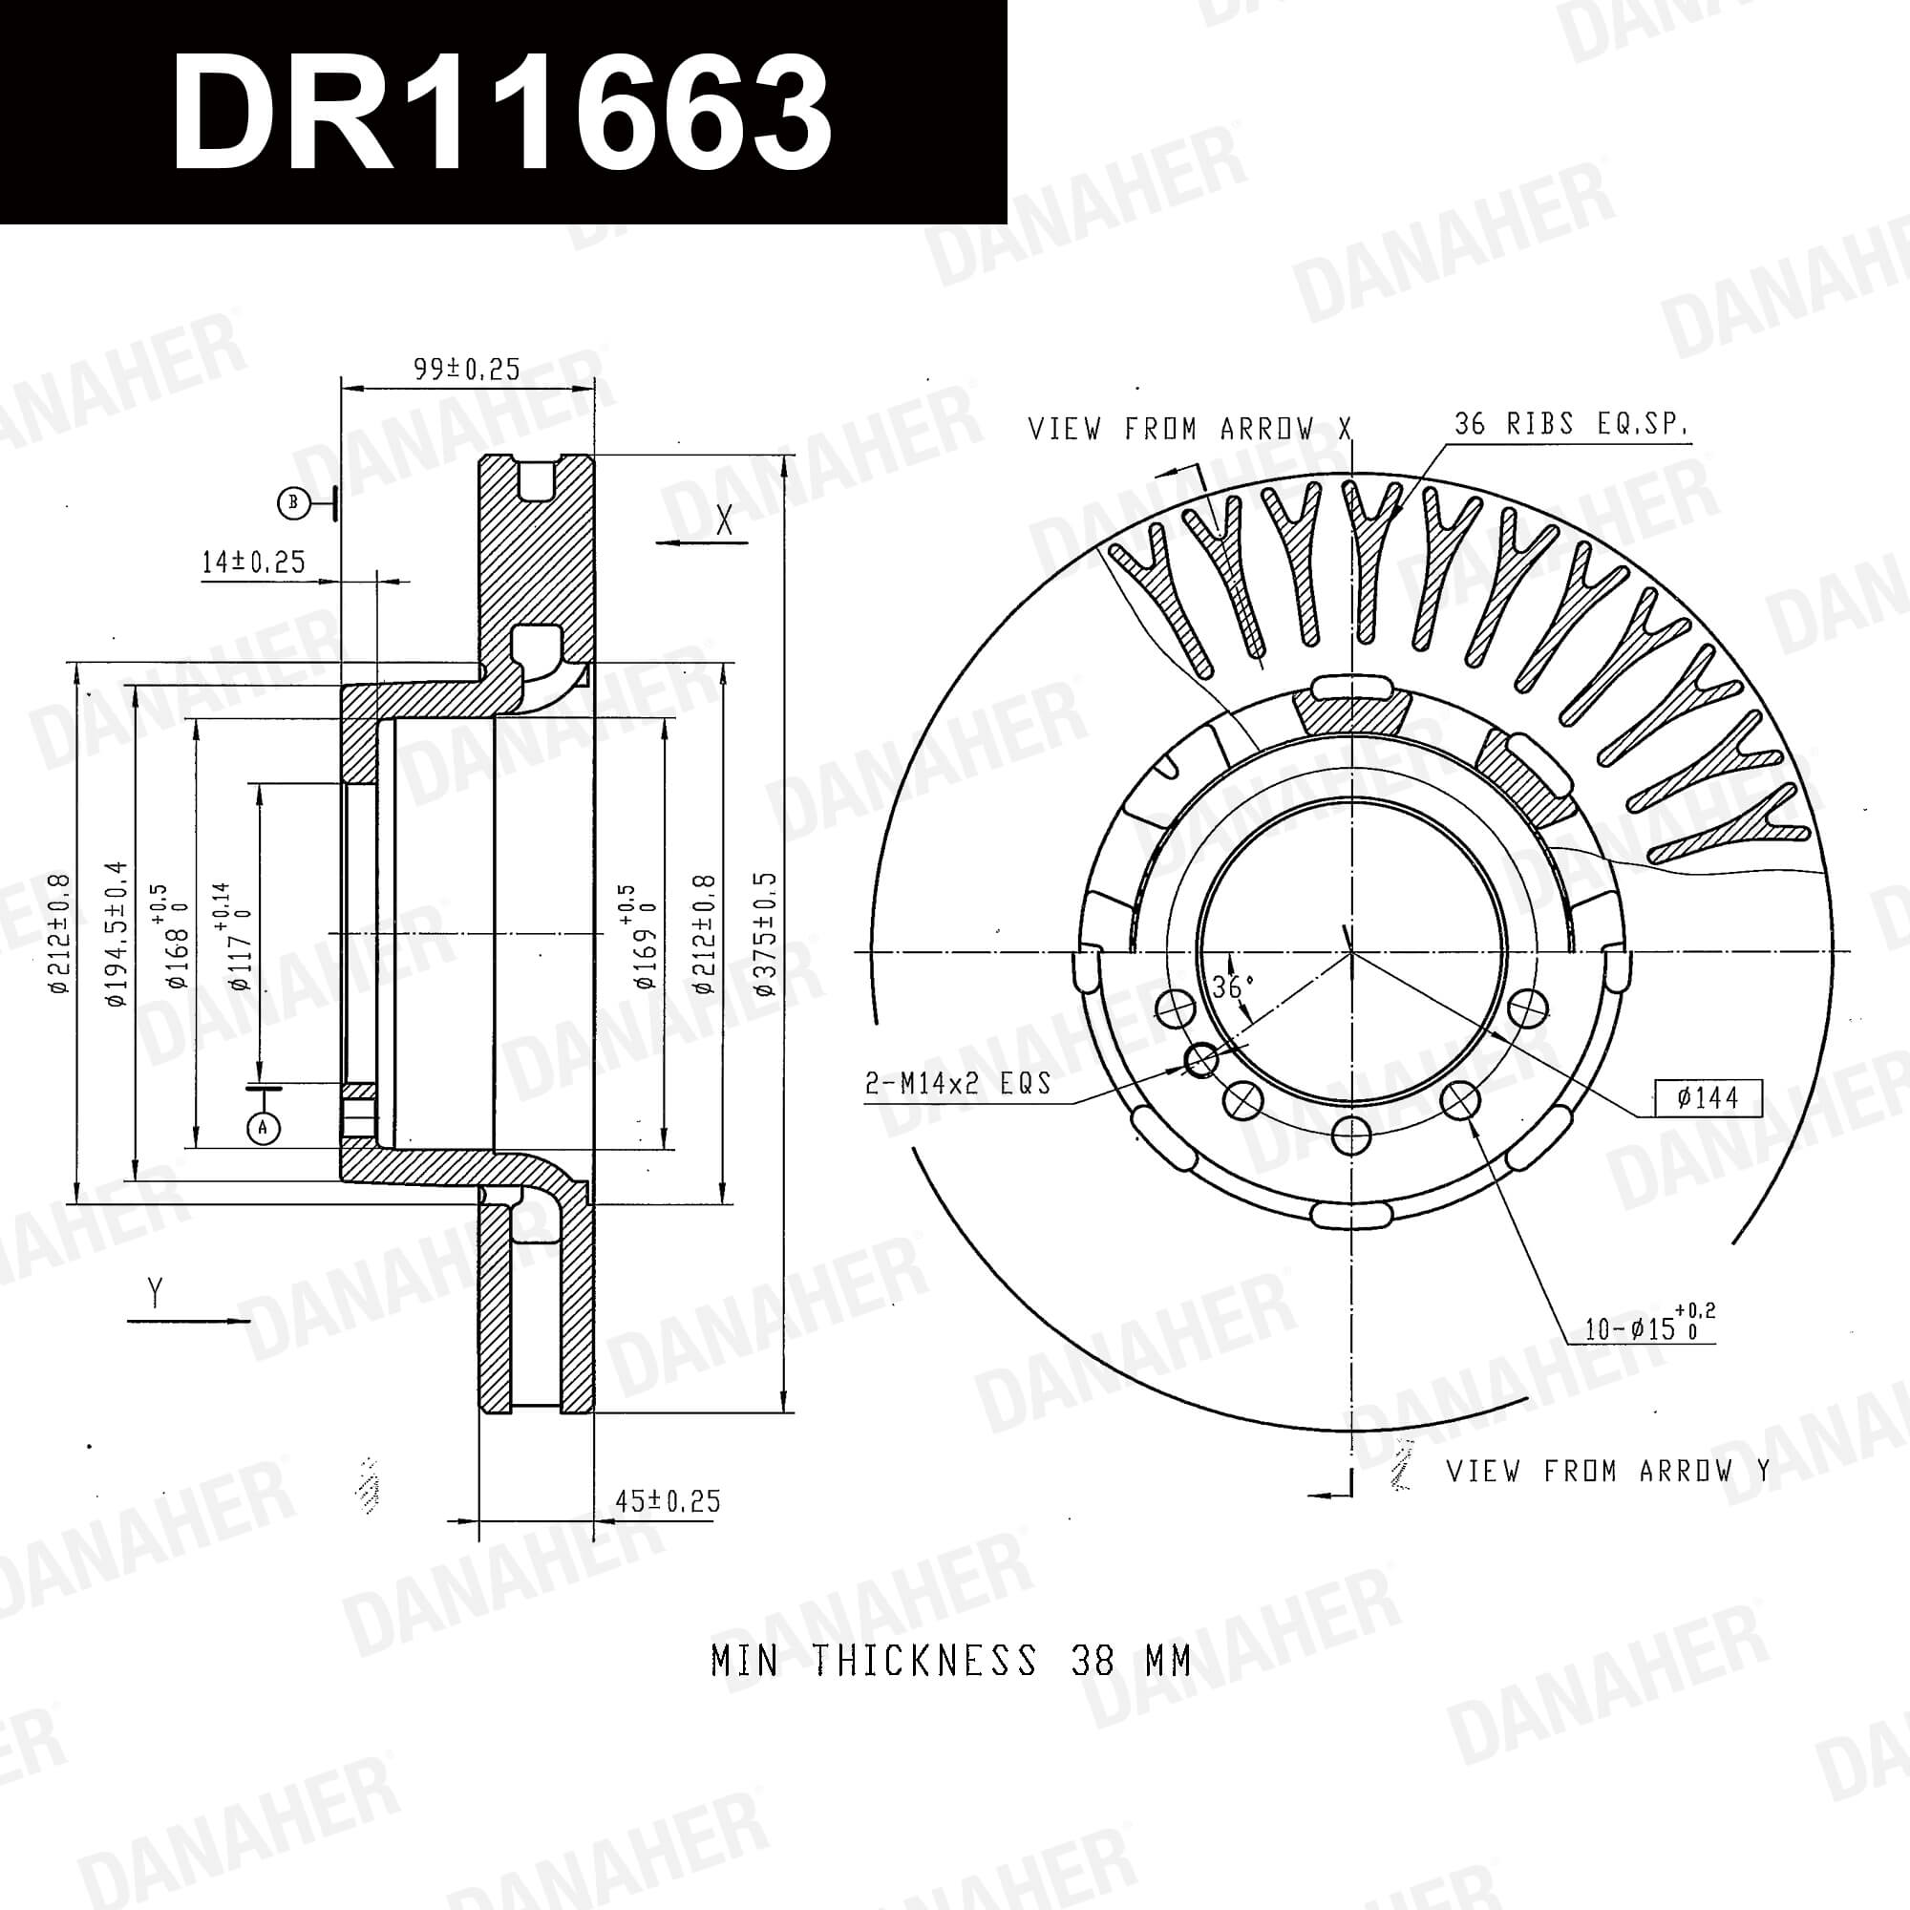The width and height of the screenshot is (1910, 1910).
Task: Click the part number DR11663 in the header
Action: tap(501, 112)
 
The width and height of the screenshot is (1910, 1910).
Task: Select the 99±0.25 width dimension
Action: tap(467, 369)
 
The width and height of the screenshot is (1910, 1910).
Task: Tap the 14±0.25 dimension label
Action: tap(253, 562)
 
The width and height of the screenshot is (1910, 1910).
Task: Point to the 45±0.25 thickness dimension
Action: tap(668, 1500)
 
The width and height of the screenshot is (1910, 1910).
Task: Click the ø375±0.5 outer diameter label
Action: tap(766, 934)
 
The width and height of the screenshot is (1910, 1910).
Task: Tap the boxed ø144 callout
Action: tap(1708, 1097)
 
